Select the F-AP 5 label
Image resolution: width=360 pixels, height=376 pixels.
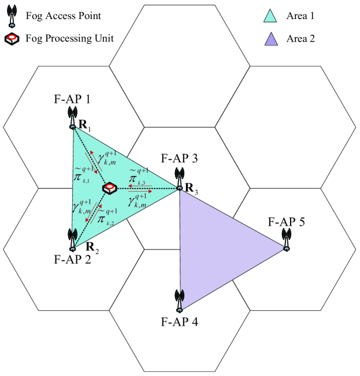point(285,222)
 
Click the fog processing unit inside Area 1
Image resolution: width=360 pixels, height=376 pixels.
point(110,188)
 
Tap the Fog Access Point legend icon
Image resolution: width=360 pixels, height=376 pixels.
point(10,17)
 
